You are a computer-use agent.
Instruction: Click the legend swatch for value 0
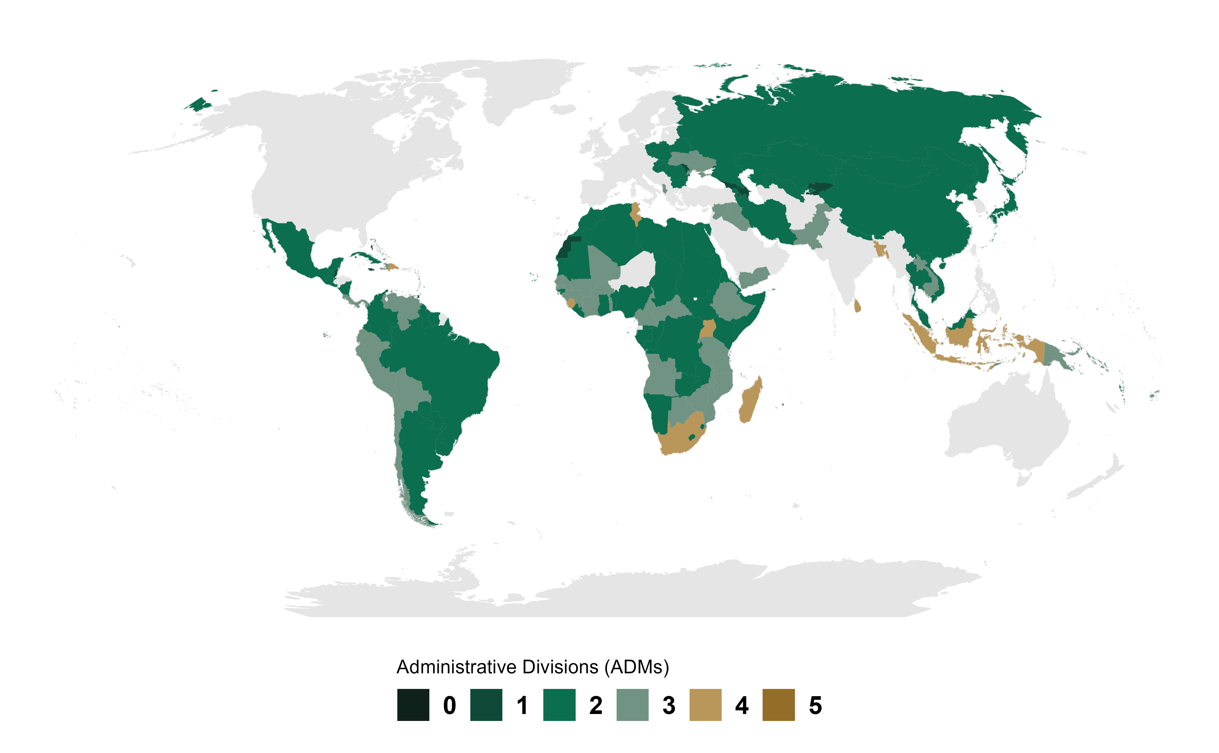click(x=413, y=705)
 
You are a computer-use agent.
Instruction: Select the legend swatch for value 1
click(x=486, y=705)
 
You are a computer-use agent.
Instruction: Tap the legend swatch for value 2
click(x=559, y=705)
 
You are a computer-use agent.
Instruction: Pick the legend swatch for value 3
click(x=632, y=705)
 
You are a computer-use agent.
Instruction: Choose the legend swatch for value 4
click(x=705, y=705)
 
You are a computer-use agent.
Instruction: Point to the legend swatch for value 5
click(x=778, y=705)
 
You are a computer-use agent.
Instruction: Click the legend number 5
click(x=815, y=705)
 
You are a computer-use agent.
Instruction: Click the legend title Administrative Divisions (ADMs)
click(x=532, y=667)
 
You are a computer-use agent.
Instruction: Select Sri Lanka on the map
click(x=857, y=306)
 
